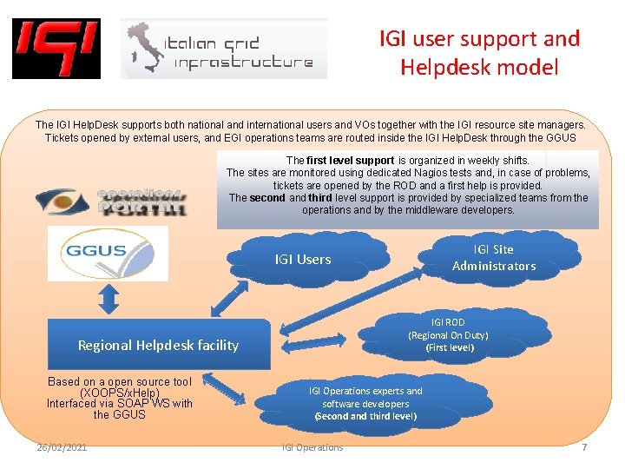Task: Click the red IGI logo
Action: click(56, 49)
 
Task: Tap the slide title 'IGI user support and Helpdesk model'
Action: click(479, 52)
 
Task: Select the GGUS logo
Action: click(95, 253)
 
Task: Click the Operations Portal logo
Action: click(111, 201)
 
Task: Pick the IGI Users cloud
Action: click(304, 259)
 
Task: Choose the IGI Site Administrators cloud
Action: click(494, 258)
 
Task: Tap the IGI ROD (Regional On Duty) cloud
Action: click(448, 335)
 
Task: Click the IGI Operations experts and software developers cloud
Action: click(365, 403)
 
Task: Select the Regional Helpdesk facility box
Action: click(158, 345)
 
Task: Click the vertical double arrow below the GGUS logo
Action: click(109, 301)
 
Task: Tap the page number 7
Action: click(584, 447)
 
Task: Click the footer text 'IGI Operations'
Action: click(312, 447)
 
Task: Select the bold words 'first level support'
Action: click(352, 161)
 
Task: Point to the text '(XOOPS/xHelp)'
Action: click(120, 393)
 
